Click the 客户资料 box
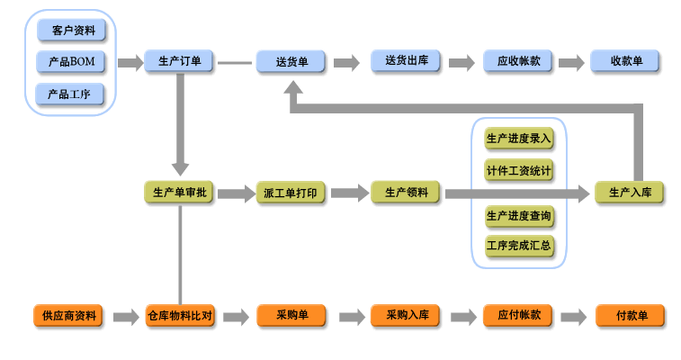pyautogui.click(x=71, y=31)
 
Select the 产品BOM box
pyautogui.click(x=71, y=62)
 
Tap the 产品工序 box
pyautogui.click(x=71, y=94)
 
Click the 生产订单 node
pyautogui.click(x=180, y=62)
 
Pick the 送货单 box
pyautogui.click(x=291, y=62)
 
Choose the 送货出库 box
pyautogui.click(x=406, y=61)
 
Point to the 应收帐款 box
pyautogui.click(x=518, y=61)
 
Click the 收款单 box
pyautogui.click(x=626, y=61)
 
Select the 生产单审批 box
pyautogui.click(x=180, y=193)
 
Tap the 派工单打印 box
pyautogui.click(x=291, y=193)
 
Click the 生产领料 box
pyautogui.click(x=406, y=192)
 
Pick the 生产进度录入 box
pyautogui.click(x=519, y=139)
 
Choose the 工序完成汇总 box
pyautogui.click(x=519, y=245)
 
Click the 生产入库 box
pyautogui.click(x=630, y=193)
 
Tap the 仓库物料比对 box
pyautogui.click(x=180, y=316)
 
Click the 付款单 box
pyautogui.click(x=630, y=316)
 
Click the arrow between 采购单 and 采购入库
pyautogui.click(x=348, y=317)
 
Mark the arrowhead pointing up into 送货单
pyautogui.click(x=292, y=92)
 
